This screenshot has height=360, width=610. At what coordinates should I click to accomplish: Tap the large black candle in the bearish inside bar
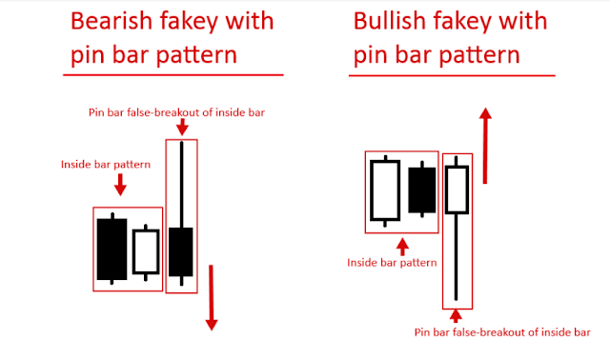coord(112,248)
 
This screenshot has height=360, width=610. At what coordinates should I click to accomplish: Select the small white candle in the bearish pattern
coord(145,251)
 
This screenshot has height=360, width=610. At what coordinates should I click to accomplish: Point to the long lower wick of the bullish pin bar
coord(457,257)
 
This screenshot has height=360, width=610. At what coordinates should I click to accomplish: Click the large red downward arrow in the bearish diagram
coord(212,300)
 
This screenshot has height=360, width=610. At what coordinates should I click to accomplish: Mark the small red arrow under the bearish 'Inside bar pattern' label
coord(120,183)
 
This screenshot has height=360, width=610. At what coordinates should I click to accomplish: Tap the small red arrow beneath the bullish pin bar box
coord(457,316)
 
